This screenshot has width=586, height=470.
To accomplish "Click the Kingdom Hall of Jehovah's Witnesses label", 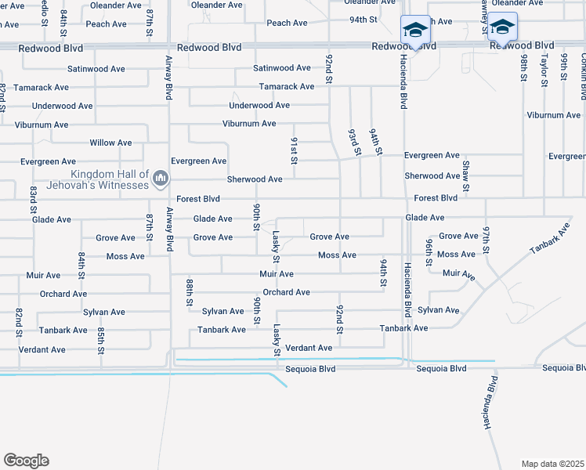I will [x=110, y=179].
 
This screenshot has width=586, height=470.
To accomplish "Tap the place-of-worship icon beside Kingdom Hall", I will [x=161, y=179].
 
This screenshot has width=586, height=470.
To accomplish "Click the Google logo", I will [x=26, y=461].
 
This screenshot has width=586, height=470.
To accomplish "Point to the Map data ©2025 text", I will [x=552, y=464].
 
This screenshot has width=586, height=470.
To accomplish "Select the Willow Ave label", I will [x=110, y=143].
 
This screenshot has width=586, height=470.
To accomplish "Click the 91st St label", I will [x=295, y=150].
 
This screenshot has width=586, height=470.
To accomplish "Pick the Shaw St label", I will [x=466, y=175].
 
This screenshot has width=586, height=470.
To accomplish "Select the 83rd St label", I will [x=34, y=200].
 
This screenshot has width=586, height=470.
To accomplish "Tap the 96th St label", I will [x=429, y=253].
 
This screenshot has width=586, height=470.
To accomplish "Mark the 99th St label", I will [x=563, y=68].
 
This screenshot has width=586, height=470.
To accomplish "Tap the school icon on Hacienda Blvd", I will [x=415, y=31].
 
